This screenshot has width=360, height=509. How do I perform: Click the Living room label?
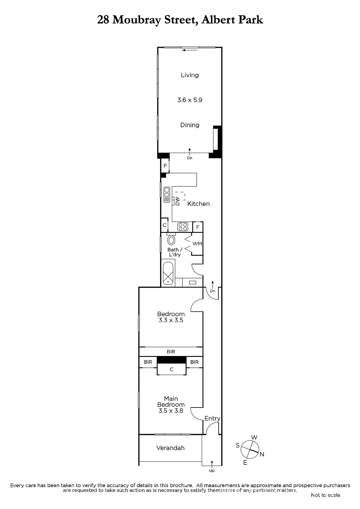click(x=190, y=75)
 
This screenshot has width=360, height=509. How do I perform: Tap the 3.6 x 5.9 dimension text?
click(x=190, y=100)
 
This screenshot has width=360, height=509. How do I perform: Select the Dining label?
click(x=190, y=125)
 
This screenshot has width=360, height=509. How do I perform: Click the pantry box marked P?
click(x=165, y=165)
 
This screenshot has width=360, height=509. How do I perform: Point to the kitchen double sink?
click(x=167, y=194)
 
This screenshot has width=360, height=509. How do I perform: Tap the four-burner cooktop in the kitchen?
click(x=183, y=227)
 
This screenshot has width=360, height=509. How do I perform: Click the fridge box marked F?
click(x=198, y=227)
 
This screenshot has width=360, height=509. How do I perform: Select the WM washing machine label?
click(x=197, y=244)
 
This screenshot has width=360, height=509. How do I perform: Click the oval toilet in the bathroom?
click(x=171, y=240)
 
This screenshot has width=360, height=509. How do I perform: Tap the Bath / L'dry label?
click(x=174, y=252)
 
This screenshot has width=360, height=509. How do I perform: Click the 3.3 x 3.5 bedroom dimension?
click(x=171, y=320)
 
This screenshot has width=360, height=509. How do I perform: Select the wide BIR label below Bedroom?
click(x=171, y=352)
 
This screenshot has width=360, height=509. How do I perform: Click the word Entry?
click(x=212, y=418)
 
